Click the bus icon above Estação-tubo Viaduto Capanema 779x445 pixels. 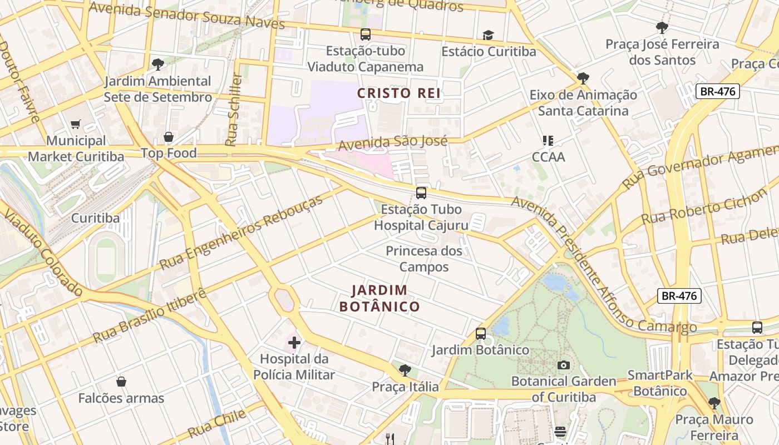[365, 34]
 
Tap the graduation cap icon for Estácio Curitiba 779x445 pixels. [488, 36]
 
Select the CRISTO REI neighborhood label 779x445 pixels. [399, 93]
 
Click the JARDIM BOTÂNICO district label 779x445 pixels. [379, 298]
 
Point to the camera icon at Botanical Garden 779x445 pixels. [564, 365]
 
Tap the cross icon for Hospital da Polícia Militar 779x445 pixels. [294, 343]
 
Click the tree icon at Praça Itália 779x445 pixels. [405, 370]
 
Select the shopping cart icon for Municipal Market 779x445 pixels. [76, 125]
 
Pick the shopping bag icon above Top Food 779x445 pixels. [168, 137]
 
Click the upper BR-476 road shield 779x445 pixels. [718, 91]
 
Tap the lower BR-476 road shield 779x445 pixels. [679, 296]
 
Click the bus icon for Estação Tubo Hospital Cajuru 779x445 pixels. [421, 193]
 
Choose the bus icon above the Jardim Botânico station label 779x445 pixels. [481, 334]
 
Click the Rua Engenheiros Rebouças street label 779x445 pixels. [241, 232]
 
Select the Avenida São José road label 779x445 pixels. [393, 143]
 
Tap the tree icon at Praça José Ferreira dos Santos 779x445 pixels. [662, 27]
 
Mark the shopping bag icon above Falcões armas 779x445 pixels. [121, 382]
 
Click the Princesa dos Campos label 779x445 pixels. [424, 259]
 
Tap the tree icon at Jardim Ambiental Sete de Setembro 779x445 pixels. [158, 65]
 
